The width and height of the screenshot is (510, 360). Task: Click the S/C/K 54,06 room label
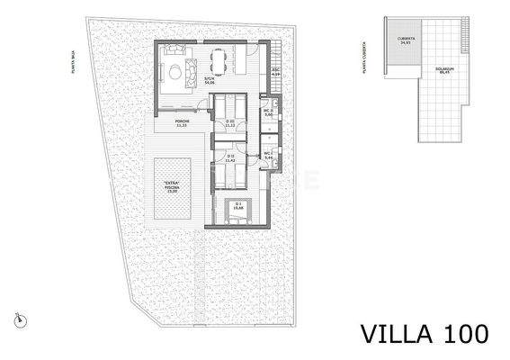click(x=209, y=80)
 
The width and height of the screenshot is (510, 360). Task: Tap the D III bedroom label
click(x=230, y=123)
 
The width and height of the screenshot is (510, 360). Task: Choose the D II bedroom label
click(x=230, y=159)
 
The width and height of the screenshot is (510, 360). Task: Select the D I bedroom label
click(x=238, y=206)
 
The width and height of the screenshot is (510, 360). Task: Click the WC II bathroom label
click(x=268, y=113)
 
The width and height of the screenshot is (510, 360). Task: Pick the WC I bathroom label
click(x=268, y=155)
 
